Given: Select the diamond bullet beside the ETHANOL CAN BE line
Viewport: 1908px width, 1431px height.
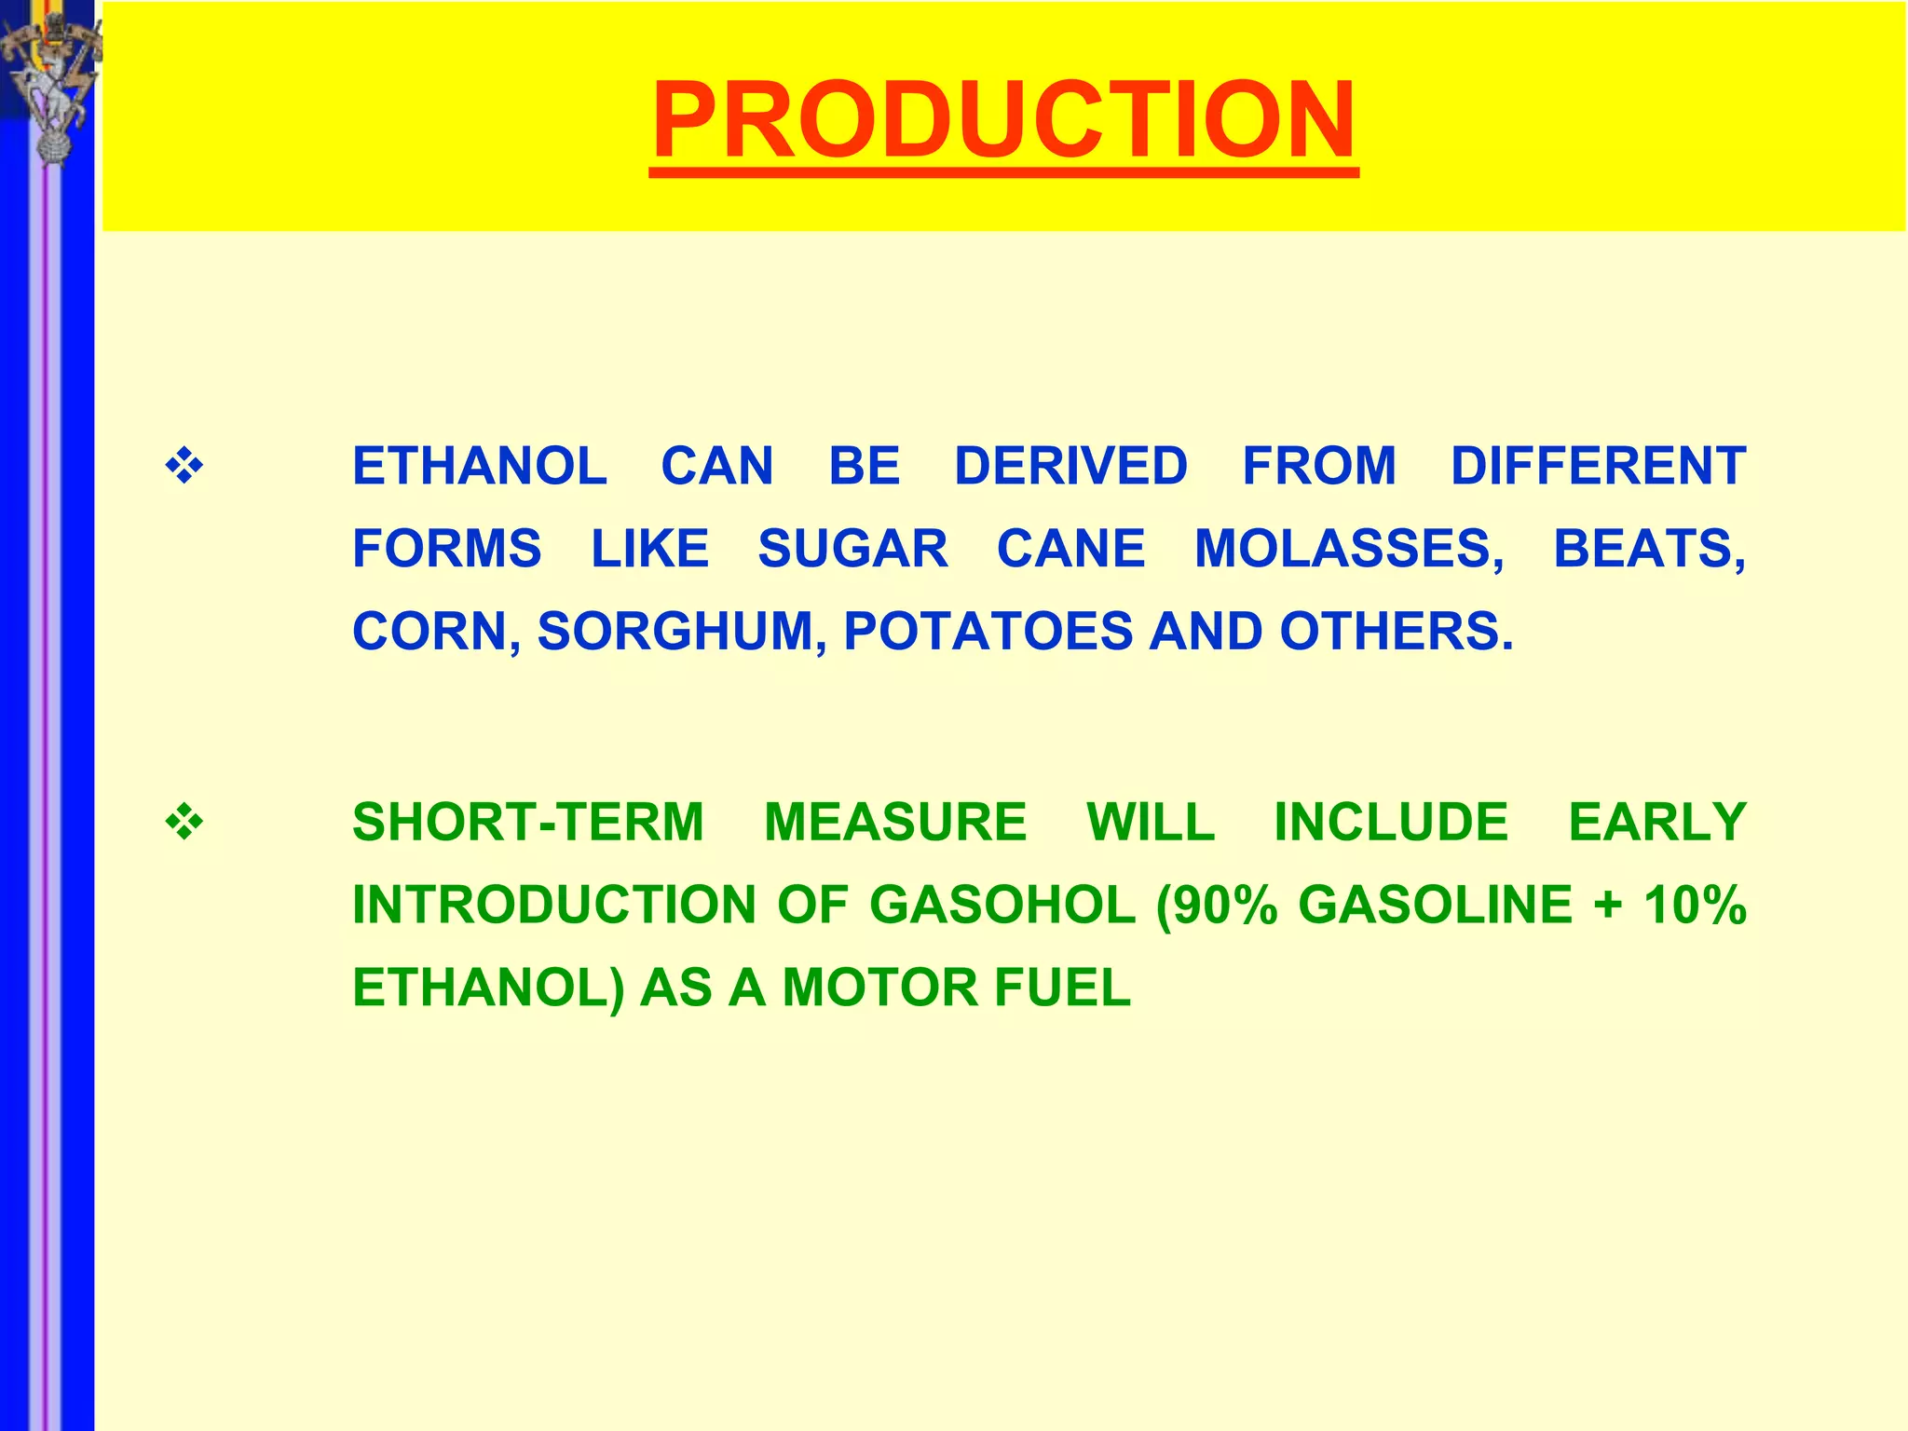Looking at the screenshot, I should click(x=184, y=466).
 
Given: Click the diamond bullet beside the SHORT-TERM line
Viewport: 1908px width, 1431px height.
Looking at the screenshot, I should click(x=184, y=822).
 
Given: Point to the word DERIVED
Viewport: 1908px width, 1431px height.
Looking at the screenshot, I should click(x=1070, y=466).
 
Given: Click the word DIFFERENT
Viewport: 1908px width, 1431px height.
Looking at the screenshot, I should click(x=1598, y=466).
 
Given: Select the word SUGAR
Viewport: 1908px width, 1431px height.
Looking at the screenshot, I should click(x=852, y=548).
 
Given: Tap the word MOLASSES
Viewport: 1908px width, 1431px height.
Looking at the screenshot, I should click(x=1348, y=548).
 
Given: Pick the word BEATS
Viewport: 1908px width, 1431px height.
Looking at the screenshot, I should click(x=1647, y=548).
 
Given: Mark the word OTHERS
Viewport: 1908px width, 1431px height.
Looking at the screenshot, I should click(x=1395, y=632).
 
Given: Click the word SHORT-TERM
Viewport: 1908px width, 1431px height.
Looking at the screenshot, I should click(x=528, y=822).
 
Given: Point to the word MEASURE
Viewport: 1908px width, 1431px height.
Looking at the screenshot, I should click(x=895, y=822).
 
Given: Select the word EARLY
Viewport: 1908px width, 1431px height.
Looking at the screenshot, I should click(x=1656, y=822).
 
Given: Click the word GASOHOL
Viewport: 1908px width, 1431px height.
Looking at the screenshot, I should click(x=1002, y=905).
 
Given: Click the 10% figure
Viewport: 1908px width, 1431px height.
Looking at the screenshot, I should click(x=1694, y=905).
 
